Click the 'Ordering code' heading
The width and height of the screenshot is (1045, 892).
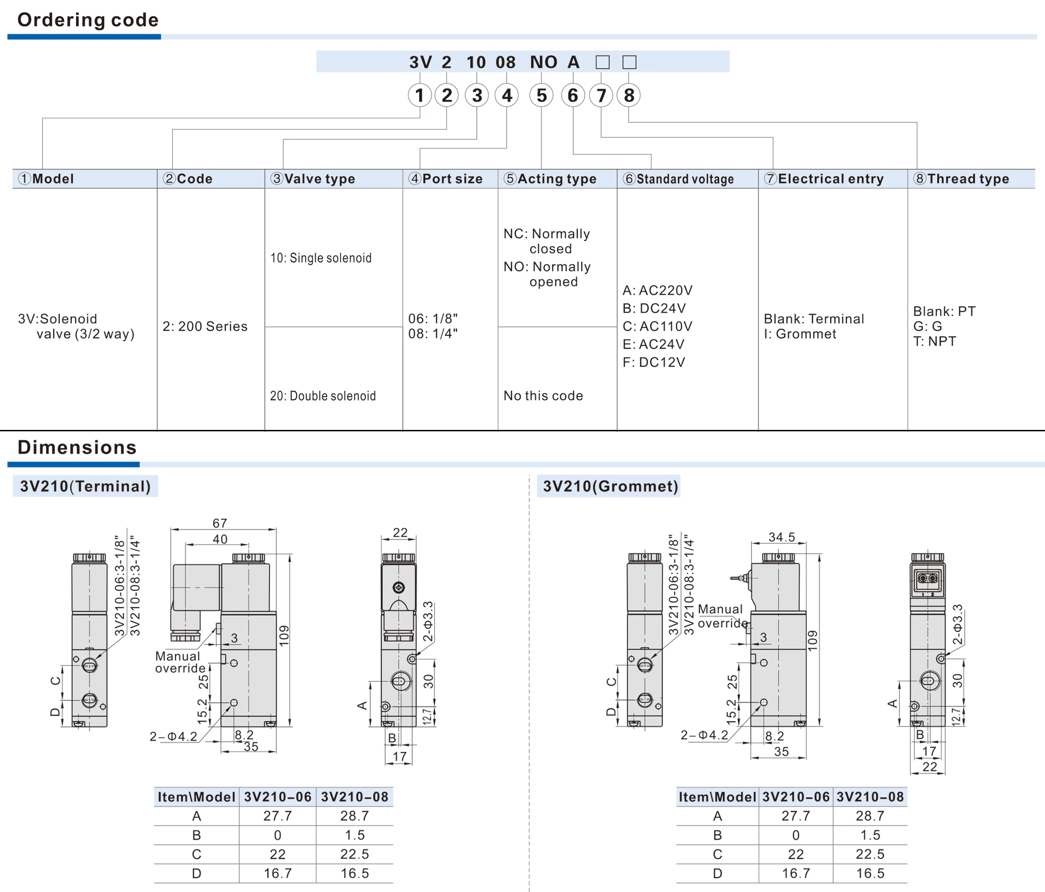(x=88, y=20)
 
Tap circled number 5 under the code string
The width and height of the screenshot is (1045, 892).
(x=541, y=95)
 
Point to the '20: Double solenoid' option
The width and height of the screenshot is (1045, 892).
(x=323, y=396)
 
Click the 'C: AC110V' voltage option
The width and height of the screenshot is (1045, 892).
(x=657, y=326)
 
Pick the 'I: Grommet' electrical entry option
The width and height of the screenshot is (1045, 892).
(x=800, y=334)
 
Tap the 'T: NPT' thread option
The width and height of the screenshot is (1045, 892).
(x=934, y=342)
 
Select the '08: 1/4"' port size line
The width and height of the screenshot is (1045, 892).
(x=433, y=333)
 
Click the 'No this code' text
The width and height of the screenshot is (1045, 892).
(x=543, y=396)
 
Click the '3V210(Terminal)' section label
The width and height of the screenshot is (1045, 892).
(x=85, y=486)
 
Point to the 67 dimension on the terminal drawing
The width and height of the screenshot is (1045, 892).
(x=220, y=523)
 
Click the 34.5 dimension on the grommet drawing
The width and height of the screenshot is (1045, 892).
(x=781, y=537)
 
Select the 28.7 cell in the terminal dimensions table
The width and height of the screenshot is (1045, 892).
(x=355, y=816)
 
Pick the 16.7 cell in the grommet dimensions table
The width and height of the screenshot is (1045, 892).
(x=795, y=873)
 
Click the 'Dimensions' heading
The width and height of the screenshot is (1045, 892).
(x=77, y=448)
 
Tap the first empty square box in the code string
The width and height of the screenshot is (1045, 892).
(x=602, y=62)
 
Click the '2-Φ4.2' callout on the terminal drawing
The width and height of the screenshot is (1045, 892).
(x=174, y=737)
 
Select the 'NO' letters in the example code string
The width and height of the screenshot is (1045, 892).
(x=543, y=62)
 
